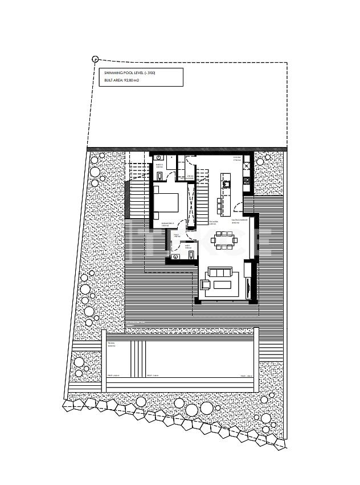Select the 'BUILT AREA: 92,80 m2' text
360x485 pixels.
(122, 81)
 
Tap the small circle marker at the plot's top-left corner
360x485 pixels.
(95, 59)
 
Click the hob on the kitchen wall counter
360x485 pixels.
(247, 181)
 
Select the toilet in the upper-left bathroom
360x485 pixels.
(160, 175)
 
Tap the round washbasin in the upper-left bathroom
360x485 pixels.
(159, 157)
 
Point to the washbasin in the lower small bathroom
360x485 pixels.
(175, 257)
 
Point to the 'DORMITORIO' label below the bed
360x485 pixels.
(167, 223)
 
